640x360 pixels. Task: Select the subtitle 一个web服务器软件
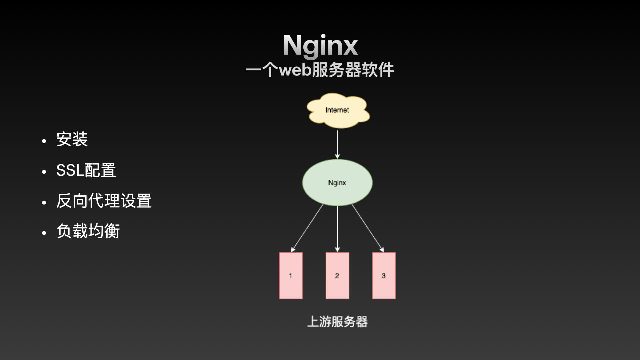pos(320,70)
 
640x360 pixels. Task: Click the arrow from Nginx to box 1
pos(307,228)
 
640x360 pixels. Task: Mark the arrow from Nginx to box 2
pos(337,228)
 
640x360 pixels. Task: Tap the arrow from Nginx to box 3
pos(367,228)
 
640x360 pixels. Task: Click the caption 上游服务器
pos(337,322)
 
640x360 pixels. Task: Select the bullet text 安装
pos(72,139)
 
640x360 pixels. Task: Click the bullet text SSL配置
pos(86,170)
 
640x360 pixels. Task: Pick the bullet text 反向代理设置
pos(104,201)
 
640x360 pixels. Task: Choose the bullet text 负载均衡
pos(88,231)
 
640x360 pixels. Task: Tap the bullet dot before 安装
pos(44,141)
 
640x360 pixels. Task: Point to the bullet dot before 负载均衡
pos(44,233)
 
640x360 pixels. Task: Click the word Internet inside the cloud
pos(337,110)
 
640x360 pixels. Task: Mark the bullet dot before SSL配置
pos(44,172)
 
